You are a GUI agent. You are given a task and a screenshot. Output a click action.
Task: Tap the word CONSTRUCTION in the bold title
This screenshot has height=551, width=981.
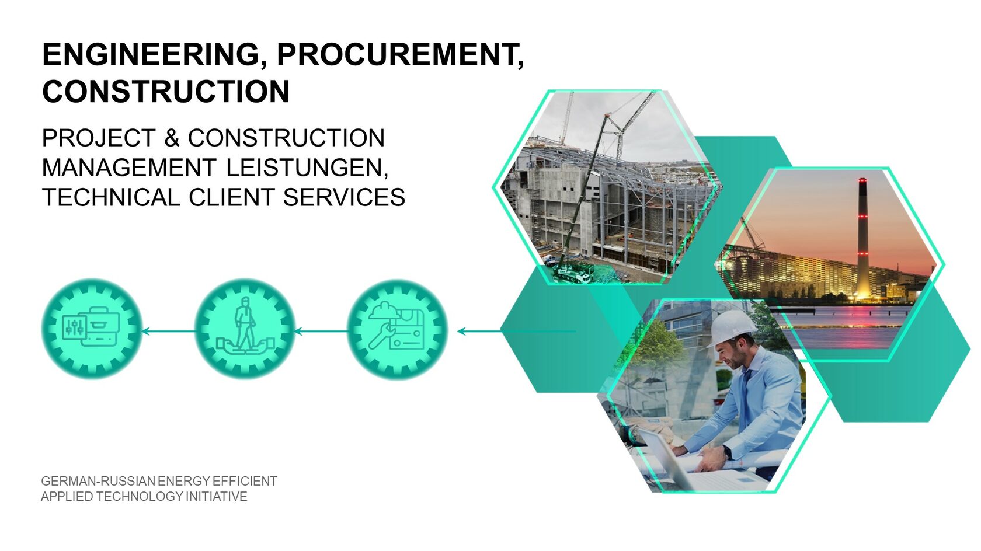(x=166, y=92)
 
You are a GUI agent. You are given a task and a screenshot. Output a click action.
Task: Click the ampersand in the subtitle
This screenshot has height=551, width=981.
(x=172, y=138)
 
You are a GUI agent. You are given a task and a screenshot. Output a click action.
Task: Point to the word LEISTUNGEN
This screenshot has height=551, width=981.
(x=307, y=168)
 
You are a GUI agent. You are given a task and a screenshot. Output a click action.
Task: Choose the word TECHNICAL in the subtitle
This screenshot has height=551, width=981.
(x=111, y=197)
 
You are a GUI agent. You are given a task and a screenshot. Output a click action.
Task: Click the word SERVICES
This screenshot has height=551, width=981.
(x=345, y=197)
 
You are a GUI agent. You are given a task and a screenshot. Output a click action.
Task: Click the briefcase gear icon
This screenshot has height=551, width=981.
(x=92, y=329)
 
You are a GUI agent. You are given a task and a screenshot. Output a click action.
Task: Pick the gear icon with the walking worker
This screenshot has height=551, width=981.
(x=245, y=329)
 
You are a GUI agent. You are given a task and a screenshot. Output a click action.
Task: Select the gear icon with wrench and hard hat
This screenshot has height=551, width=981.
(x=398, y=329)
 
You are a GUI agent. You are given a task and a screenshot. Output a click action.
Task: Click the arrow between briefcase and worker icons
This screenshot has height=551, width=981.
(x=169, y=332)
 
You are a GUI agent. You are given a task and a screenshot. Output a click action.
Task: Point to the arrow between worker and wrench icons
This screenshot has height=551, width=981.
(x=321, y=332)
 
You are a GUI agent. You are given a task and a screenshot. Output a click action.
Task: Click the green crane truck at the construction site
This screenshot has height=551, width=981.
(x=573, y=271)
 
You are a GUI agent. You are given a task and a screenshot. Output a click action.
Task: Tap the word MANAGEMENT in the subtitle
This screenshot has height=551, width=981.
(x=129, y=168)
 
